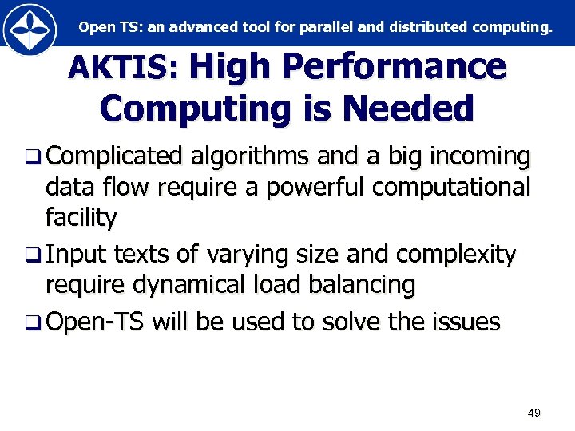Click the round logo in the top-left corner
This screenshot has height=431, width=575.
30,29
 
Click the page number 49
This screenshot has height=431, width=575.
534,413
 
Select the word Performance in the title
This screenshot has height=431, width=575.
396,67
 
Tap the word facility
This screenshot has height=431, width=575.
81,216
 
